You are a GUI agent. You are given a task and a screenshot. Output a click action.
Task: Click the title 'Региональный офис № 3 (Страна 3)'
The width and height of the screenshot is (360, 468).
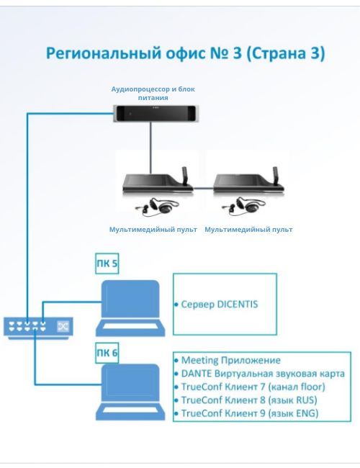click(x=185, y=53)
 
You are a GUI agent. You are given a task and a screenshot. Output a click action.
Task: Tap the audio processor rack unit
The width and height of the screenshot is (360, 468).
click(x=156, y=114)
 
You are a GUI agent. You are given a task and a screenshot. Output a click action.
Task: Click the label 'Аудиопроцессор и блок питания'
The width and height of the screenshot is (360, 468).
click(x=153, y=93)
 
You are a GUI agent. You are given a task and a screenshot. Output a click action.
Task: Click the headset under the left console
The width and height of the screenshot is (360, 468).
click(x=157, y=206)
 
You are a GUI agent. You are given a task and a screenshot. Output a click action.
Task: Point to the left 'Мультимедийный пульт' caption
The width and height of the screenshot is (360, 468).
click(x=153, y=230)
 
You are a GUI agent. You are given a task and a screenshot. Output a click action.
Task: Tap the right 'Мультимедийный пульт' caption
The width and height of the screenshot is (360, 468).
click(x=248, y=230)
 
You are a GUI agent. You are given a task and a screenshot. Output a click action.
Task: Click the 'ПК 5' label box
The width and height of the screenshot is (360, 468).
click(x=107, y=264)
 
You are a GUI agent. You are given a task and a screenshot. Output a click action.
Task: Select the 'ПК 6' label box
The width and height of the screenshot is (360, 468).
click(x=107, y=353)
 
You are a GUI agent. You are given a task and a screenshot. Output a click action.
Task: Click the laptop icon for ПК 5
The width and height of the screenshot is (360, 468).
click(x=130, y=308)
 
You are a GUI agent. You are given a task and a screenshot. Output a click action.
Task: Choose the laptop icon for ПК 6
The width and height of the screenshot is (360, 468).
click(x=130, y=392)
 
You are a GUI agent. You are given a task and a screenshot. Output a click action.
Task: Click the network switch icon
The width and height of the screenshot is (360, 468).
click(x=38, y=328)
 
